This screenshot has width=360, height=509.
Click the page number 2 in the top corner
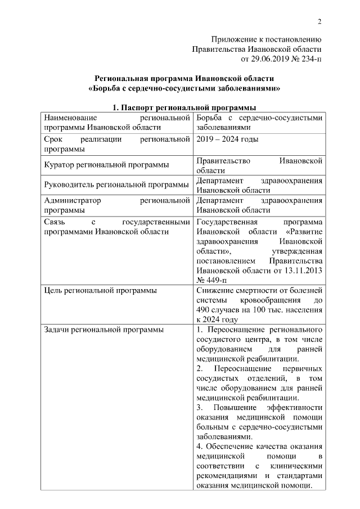[x=319, y=22]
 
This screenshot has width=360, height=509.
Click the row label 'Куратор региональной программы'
[x=106, y=165]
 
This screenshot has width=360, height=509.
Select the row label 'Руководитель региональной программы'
[x=116, y=185]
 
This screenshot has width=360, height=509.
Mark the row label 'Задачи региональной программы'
[x=103, y=329]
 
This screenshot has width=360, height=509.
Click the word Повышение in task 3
[x=234, y=407]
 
